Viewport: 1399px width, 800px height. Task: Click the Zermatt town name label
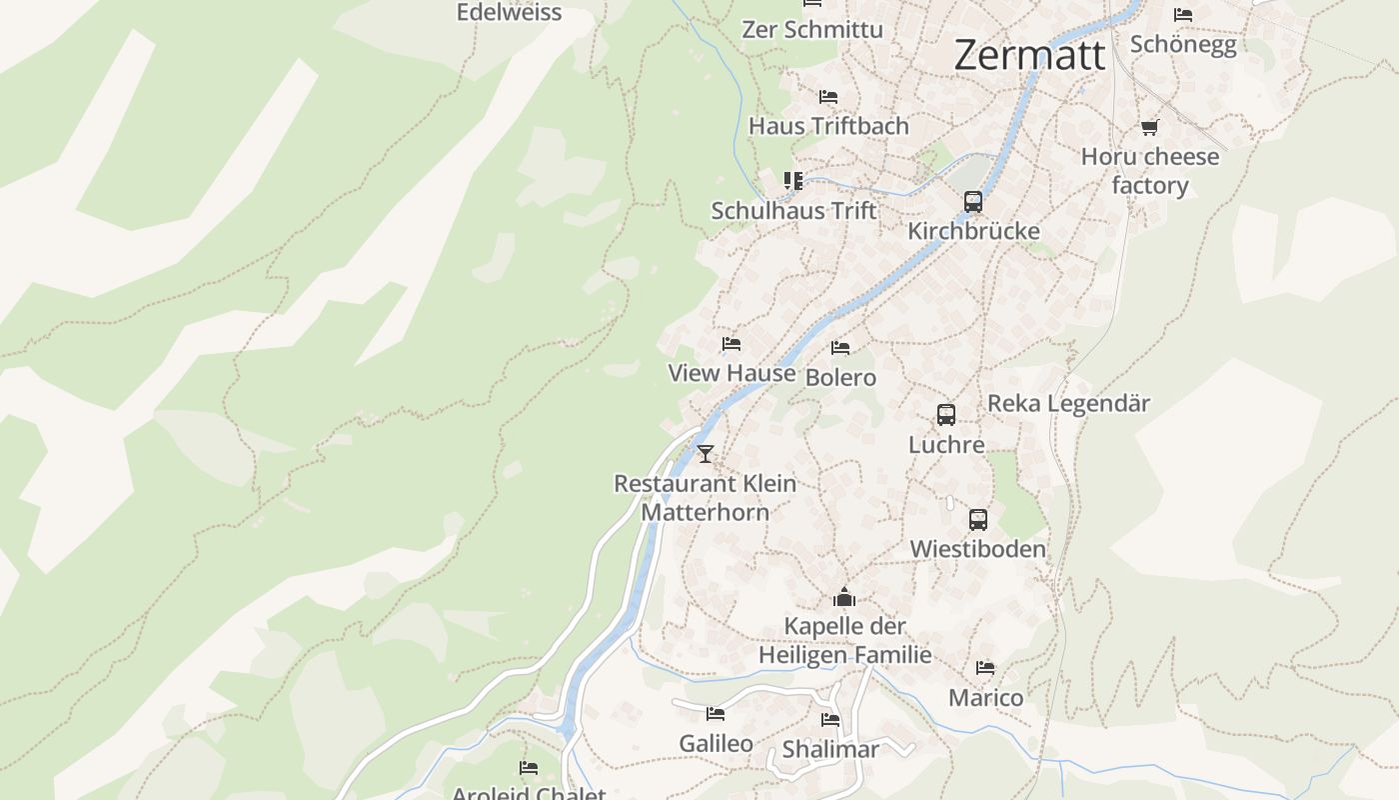click(1029, 55)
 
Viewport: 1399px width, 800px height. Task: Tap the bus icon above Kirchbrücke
click(973, 202)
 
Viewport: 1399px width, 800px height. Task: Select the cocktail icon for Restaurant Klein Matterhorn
click(705, 454)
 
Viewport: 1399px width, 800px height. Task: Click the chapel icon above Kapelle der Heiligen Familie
click(844, 598)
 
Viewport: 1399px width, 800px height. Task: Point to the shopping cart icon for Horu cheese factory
click(1149, 128)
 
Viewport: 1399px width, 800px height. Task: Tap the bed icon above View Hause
click(731, 344)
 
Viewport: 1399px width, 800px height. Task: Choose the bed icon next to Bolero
click(840, 348)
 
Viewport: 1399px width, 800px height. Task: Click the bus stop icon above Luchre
click(945, 415)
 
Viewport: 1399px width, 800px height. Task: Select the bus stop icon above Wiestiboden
click(977, 520)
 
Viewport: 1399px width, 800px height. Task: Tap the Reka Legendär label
click(1068, 404)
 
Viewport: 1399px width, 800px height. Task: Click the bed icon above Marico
click(985, 668)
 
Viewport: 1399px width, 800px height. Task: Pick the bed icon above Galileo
click(715, 714)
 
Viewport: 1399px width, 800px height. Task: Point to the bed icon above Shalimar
click(830, 720)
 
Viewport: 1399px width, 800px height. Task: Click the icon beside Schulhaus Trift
click(793, 181)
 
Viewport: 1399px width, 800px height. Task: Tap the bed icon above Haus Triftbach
click(828, 97)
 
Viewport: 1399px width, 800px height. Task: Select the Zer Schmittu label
click(811, 30)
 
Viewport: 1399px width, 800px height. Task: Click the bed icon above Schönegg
click(1183, 15)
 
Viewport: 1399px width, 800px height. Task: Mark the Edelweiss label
click(509, 13)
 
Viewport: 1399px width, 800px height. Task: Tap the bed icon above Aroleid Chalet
click(529, 768)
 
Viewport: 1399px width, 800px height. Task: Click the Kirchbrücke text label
click(973, 231)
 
